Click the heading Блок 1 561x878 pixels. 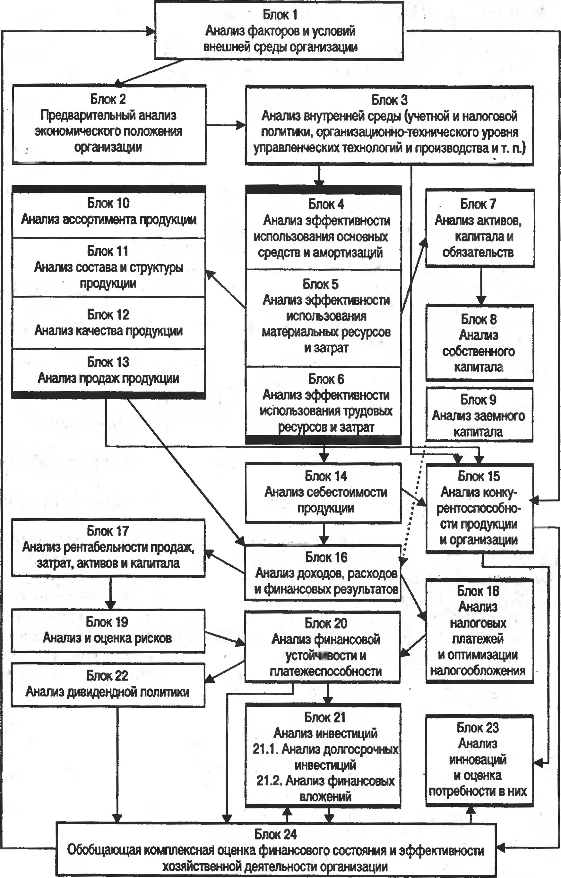pyautogui.click(x=280, y=15)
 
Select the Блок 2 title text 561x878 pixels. pyautogui.click(x=108, y=99)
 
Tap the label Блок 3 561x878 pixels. pyautogui.click(x=389, y=100)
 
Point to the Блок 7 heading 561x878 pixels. pyautogui.click(x=478, y=204)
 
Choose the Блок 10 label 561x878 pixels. pyautogui.click(x=108, y=203)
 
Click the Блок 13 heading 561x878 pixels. pyautogui.click(x=108, y=362)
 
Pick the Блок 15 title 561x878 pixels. pyautogui.click(x=479, y=476)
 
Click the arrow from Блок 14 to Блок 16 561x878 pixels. pyautogui.click(x=324, y=534)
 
